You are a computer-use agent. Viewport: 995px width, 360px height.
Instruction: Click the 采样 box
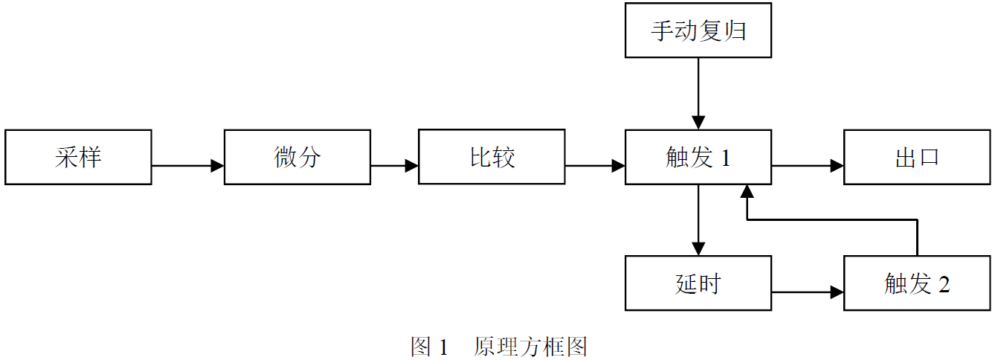point(78,158)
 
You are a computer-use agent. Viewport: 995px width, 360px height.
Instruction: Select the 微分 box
point(297,158)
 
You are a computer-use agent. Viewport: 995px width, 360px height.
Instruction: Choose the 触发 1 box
point(698,158)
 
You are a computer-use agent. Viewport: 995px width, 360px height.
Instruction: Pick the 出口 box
point(917,158)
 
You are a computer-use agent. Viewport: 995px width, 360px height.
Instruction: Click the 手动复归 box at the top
point(698,30)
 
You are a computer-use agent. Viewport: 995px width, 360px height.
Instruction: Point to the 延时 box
point(698,283)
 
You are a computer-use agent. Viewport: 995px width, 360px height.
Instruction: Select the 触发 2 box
point(917,283)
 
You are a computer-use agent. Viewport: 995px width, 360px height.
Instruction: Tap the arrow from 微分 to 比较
point(394,166)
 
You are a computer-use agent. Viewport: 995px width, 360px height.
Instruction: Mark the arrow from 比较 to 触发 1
point(595,166)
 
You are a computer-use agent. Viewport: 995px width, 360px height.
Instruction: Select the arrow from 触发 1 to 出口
point(807,166)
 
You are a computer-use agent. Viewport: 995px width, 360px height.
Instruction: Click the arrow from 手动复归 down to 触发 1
point(698,93)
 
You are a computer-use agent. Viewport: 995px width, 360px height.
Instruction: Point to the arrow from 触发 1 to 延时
point(698,219)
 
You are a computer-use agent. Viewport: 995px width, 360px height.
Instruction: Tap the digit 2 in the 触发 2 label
point(944,284)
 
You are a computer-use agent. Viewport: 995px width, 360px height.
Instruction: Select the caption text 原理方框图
point(530,347)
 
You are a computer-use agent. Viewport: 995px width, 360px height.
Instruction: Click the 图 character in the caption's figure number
point(421,347)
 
